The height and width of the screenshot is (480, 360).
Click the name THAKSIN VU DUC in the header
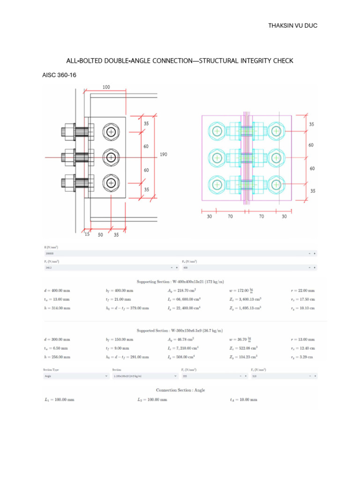(x=292, y=25)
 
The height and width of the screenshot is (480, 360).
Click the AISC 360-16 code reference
(x=59, y=75)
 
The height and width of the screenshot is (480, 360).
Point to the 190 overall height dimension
(x=163, y=154)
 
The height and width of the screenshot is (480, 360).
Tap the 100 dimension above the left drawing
(x=107, y=87)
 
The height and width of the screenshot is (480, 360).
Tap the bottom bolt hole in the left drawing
(x=111, y=182)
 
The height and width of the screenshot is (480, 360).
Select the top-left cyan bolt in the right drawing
(x=217, y=132)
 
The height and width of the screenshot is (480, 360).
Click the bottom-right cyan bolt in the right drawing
(x=276, y=183)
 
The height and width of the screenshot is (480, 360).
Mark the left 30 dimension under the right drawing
(x=209, y=217)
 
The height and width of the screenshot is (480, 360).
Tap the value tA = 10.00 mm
(x=241, y=400)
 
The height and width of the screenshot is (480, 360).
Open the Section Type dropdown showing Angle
(x=75, y=376)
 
